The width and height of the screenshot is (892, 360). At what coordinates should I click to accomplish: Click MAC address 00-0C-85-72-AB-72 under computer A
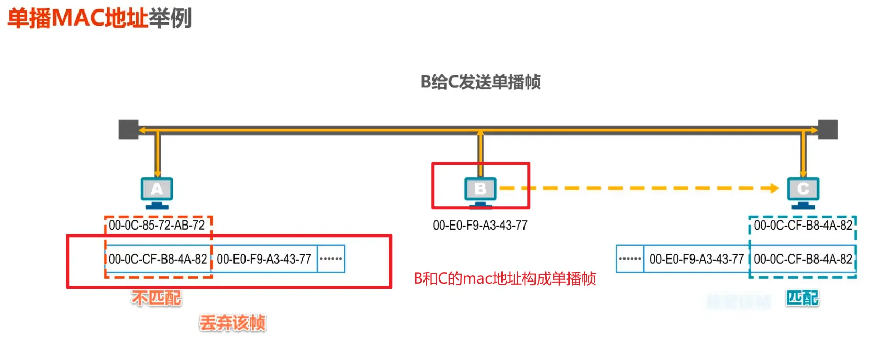click(157, 226)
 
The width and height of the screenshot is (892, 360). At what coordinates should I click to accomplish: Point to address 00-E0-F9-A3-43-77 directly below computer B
click(480, 226)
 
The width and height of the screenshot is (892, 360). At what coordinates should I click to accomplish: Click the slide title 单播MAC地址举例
click(99, 18)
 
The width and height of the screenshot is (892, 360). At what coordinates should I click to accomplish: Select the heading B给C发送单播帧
click(480, 82)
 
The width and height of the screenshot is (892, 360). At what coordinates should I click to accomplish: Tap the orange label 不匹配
click(157, 298)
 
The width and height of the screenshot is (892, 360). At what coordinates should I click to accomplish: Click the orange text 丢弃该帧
click(232, 323)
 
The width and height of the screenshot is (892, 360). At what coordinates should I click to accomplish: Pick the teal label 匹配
click(802, 298)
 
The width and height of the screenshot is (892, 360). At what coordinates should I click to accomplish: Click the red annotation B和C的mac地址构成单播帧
click(505, 278)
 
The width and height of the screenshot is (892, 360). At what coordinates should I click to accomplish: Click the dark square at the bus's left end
click(128, 129)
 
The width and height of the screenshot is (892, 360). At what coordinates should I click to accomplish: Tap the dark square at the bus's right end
click(828, 129)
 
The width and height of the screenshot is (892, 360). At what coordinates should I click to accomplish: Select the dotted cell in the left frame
click(331, 259)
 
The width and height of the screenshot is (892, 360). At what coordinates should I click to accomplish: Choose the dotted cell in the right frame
click(630, 259)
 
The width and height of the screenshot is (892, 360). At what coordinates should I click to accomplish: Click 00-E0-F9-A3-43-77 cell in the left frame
click(264, 259)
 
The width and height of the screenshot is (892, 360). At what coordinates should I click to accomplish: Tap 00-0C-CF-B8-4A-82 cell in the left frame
click(158, 259)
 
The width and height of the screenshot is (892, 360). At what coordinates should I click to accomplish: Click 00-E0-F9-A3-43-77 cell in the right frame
click(696, 259)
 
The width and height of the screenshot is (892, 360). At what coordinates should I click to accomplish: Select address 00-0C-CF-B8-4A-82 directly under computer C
click(803, 226)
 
